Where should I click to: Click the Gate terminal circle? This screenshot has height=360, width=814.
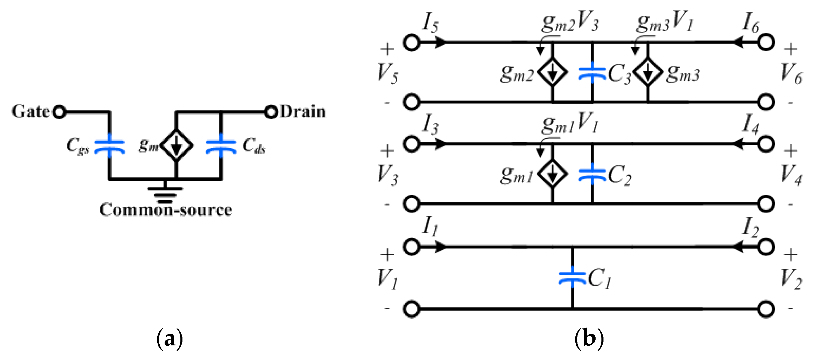point(59,112)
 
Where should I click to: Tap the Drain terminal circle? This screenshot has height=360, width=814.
point(271,112)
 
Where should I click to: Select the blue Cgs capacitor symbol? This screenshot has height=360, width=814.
point(109,146)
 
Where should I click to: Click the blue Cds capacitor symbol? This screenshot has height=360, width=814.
point(221,146)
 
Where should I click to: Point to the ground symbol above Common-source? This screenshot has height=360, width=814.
point(165,192)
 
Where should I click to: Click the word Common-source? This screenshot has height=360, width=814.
point(165,210)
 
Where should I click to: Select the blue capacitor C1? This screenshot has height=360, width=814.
point(572,277)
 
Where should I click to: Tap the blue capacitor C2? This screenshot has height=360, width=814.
point(592,174)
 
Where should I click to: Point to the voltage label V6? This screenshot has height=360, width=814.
point(791,73)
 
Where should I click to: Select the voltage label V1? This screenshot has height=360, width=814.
point(387,279)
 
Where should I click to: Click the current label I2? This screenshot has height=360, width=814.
point(750,227)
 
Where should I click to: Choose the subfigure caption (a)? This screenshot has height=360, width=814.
point(170,339)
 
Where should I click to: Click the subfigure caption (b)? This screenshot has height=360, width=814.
point(589,339)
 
